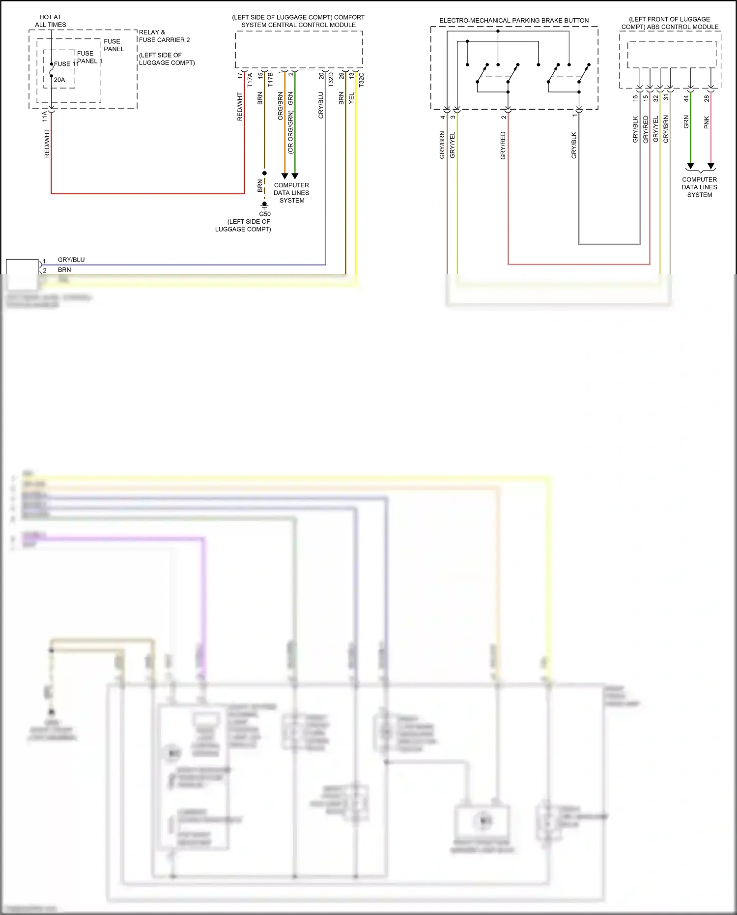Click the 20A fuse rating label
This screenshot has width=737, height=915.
[59, 80]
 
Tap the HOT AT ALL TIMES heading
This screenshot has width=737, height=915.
[51, 21]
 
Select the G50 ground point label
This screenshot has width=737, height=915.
[265, 214]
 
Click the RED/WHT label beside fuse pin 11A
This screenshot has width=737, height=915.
[47, 144]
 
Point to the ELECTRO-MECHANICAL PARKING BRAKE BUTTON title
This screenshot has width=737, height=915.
[514, 21]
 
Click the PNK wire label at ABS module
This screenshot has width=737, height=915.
[707, 122]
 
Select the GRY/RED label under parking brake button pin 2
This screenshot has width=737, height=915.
[503, 146]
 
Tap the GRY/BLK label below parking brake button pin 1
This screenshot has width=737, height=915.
[574, 146]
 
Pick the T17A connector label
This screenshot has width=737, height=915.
[250, 80]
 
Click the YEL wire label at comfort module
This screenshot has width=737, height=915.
[351, 98]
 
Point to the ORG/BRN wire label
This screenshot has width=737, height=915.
[280, 106]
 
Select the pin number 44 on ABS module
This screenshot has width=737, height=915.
[686, 98]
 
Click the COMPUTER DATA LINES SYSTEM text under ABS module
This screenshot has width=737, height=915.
[699, 187]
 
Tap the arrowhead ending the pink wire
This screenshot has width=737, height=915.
[711, 166]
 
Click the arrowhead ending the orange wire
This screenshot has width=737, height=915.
[284, 176]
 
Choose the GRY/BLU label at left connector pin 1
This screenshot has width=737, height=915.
[71, 260]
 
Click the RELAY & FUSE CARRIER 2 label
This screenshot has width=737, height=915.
[164, 36]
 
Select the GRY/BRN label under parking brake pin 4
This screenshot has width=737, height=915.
[442, 145]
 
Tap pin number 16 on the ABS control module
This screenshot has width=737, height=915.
[635, 98]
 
